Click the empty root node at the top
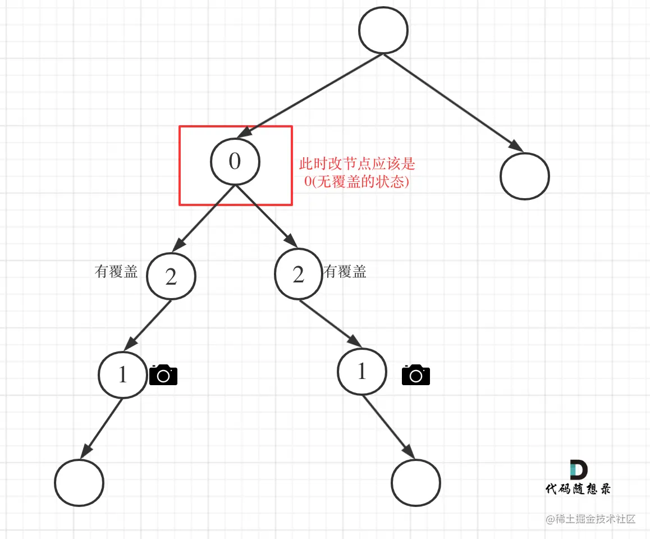point(383,31)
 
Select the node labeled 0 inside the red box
point(235,162)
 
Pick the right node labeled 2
point(299,274)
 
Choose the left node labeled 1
point(123,374)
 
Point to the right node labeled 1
point(362,371)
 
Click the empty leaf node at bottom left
point(79,483)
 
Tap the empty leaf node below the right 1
point(416,483)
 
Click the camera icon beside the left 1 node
point(163,374)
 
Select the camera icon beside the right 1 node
point(416,374)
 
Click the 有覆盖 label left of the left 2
point(116,272)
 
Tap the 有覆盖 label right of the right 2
point(345,272)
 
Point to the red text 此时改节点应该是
point(356,165)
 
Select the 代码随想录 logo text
point(578,488)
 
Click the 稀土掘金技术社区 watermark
point(591,519)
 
